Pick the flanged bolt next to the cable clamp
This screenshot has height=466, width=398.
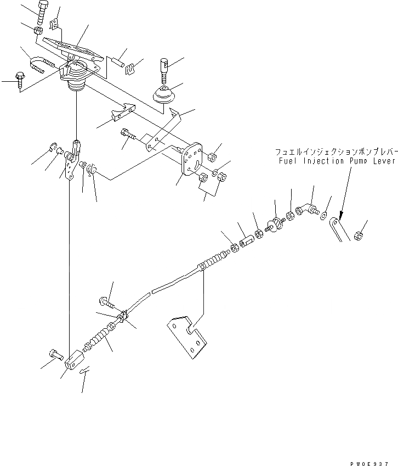(x=106, y=301)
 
